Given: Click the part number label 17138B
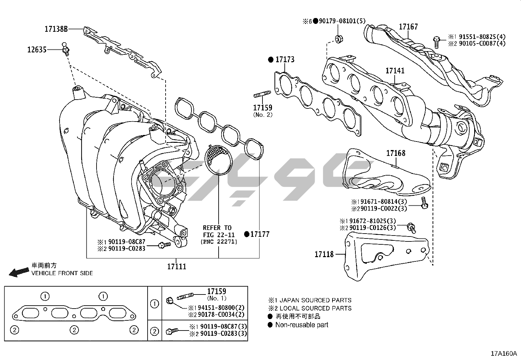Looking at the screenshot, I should pos(56,29).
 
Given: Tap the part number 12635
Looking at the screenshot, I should pos(37,50).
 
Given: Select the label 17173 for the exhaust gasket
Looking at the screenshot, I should pos(285,60).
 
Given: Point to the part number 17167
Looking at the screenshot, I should pos(408,27).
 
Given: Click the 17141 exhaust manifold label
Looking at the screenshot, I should pos(395,71).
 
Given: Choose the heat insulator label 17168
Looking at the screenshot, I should pos(396,153).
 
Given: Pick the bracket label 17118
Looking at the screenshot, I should pos(324,254).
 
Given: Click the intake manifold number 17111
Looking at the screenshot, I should pos(177,267).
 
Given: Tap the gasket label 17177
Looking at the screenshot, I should pos(260,234).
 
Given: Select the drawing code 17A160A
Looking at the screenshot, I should pos(503,354).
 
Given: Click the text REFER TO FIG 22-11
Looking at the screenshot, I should pos(217,231).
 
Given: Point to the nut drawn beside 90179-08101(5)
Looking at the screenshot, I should pos(338,39).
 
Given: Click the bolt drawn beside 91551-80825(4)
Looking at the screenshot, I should pos(436,41).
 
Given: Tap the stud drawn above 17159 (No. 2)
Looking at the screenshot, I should pos(261,95).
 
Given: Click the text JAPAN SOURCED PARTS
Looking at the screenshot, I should pos(313,300).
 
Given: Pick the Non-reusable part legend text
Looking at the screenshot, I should pos(301,325).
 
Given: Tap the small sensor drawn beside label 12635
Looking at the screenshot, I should pos(65,49).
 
